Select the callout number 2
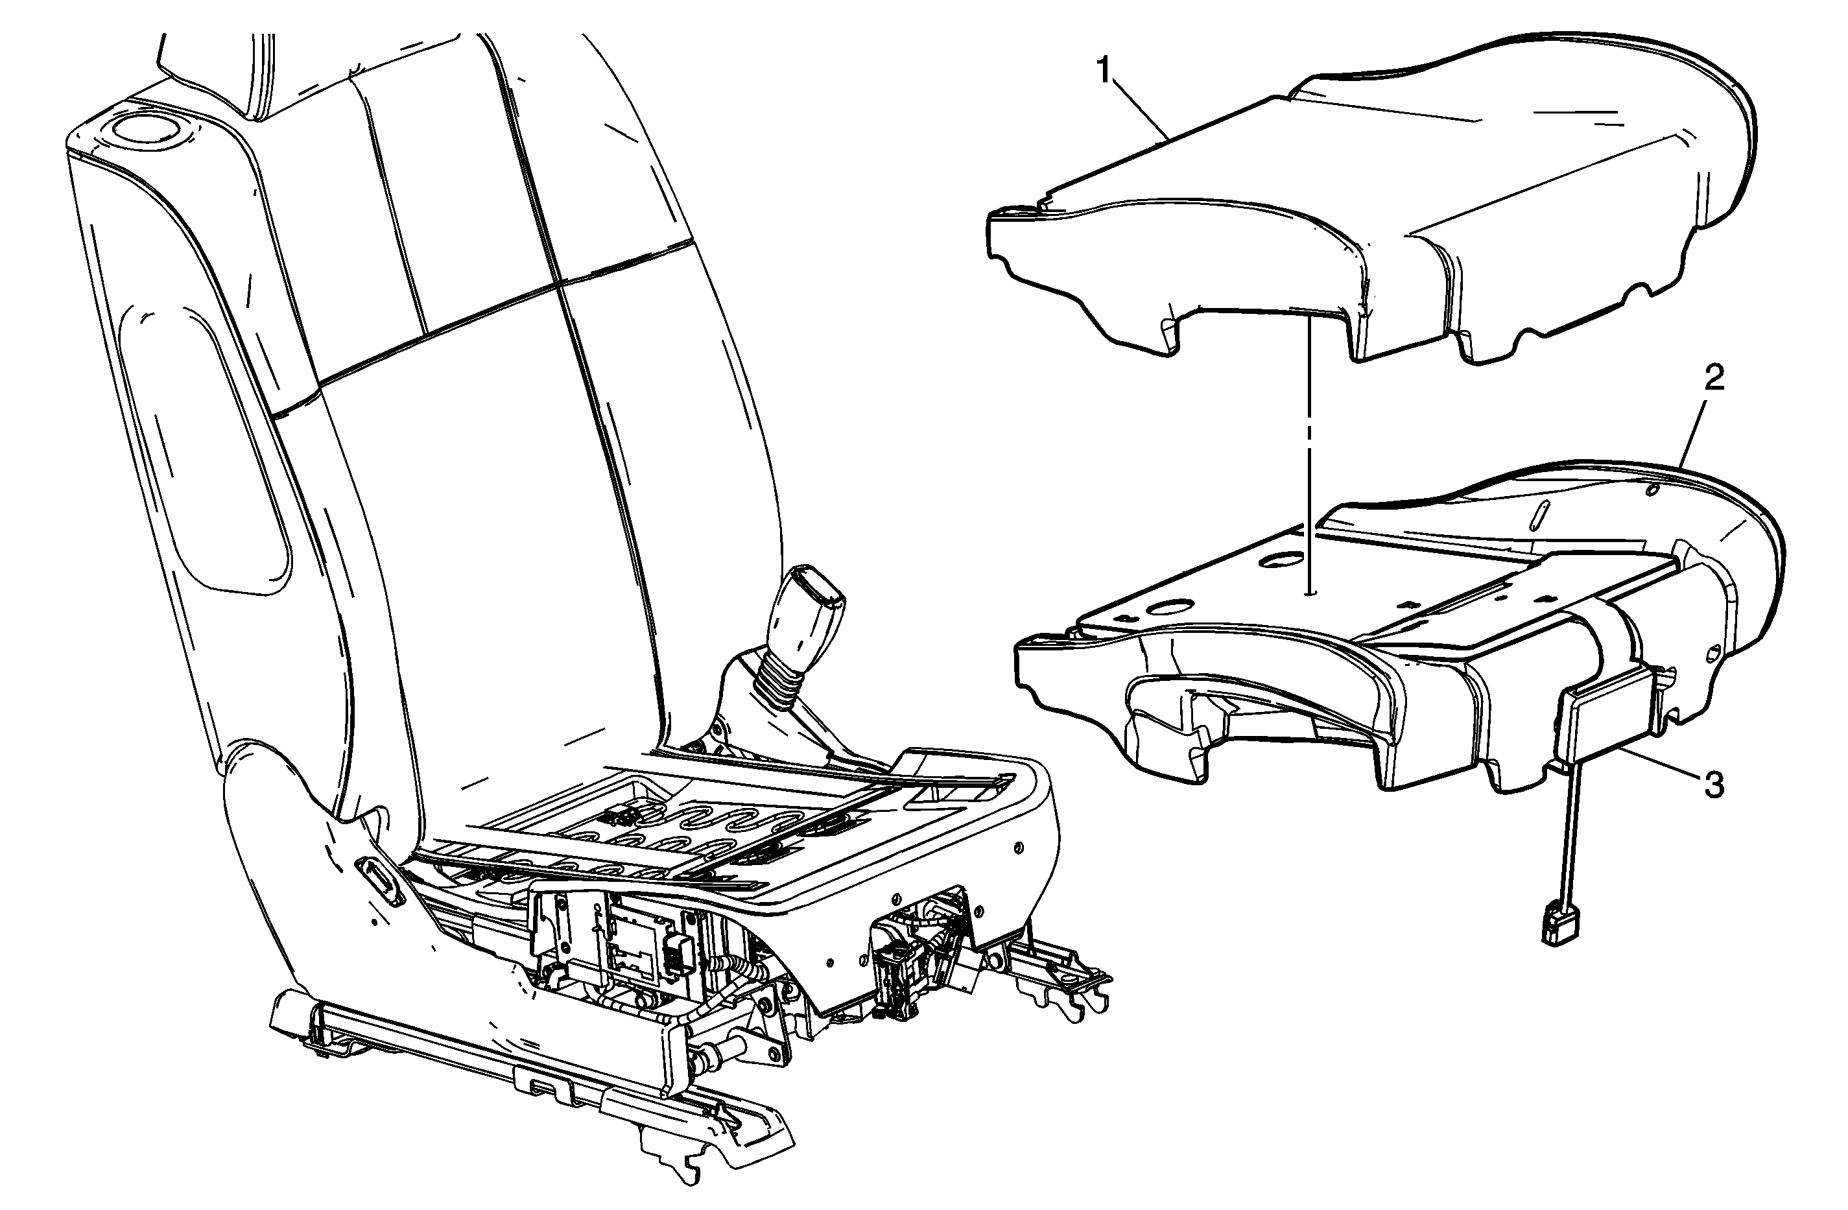1714,378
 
